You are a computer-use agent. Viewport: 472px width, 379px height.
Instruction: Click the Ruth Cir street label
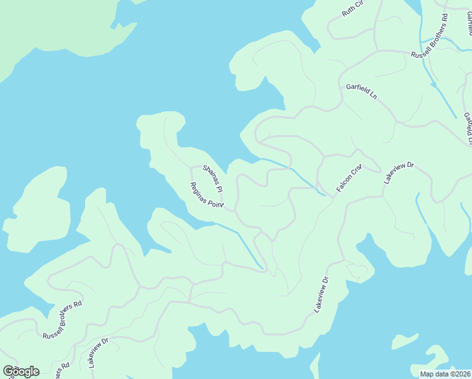pyautogui.click(x=353, y=8)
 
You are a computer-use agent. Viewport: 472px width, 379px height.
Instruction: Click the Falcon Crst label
pyautogui.click(x=349, y=179)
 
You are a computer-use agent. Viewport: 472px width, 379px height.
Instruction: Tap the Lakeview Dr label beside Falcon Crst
pyautogui.click(x=398, y=172)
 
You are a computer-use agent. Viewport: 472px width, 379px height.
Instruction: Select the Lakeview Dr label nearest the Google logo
pyautogui.click(x=99, y=352)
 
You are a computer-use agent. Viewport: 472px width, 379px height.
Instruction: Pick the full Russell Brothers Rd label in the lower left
pyautogui.click(x=62, y=320)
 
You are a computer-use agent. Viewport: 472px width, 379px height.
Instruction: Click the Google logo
pyautogui.click(x=21, y=371)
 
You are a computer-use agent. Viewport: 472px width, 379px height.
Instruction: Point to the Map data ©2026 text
pyautogui.click(x=445, y=373)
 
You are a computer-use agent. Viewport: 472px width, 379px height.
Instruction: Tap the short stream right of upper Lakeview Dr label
pyautogui.click(x=421, y=208)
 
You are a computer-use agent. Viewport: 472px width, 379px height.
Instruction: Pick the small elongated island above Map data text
pyautogui.click(x=404, y=342)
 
